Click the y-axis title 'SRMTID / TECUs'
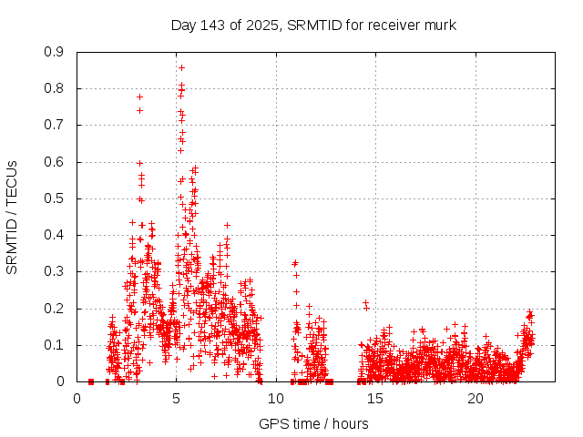point(12,217)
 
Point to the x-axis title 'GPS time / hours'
point(314,423)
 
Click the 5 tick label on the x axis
point(177,399)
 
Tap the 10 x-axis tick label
point(277,399)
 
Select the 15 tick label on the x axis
point(376,399)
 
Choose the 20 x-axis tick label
point(476,399)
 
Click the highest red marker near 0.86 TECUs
point(181,67)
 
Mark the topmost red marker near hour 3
point(139,97)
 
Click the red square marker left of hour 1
point(91,381)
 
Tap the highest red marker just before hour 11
point(295,263)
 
